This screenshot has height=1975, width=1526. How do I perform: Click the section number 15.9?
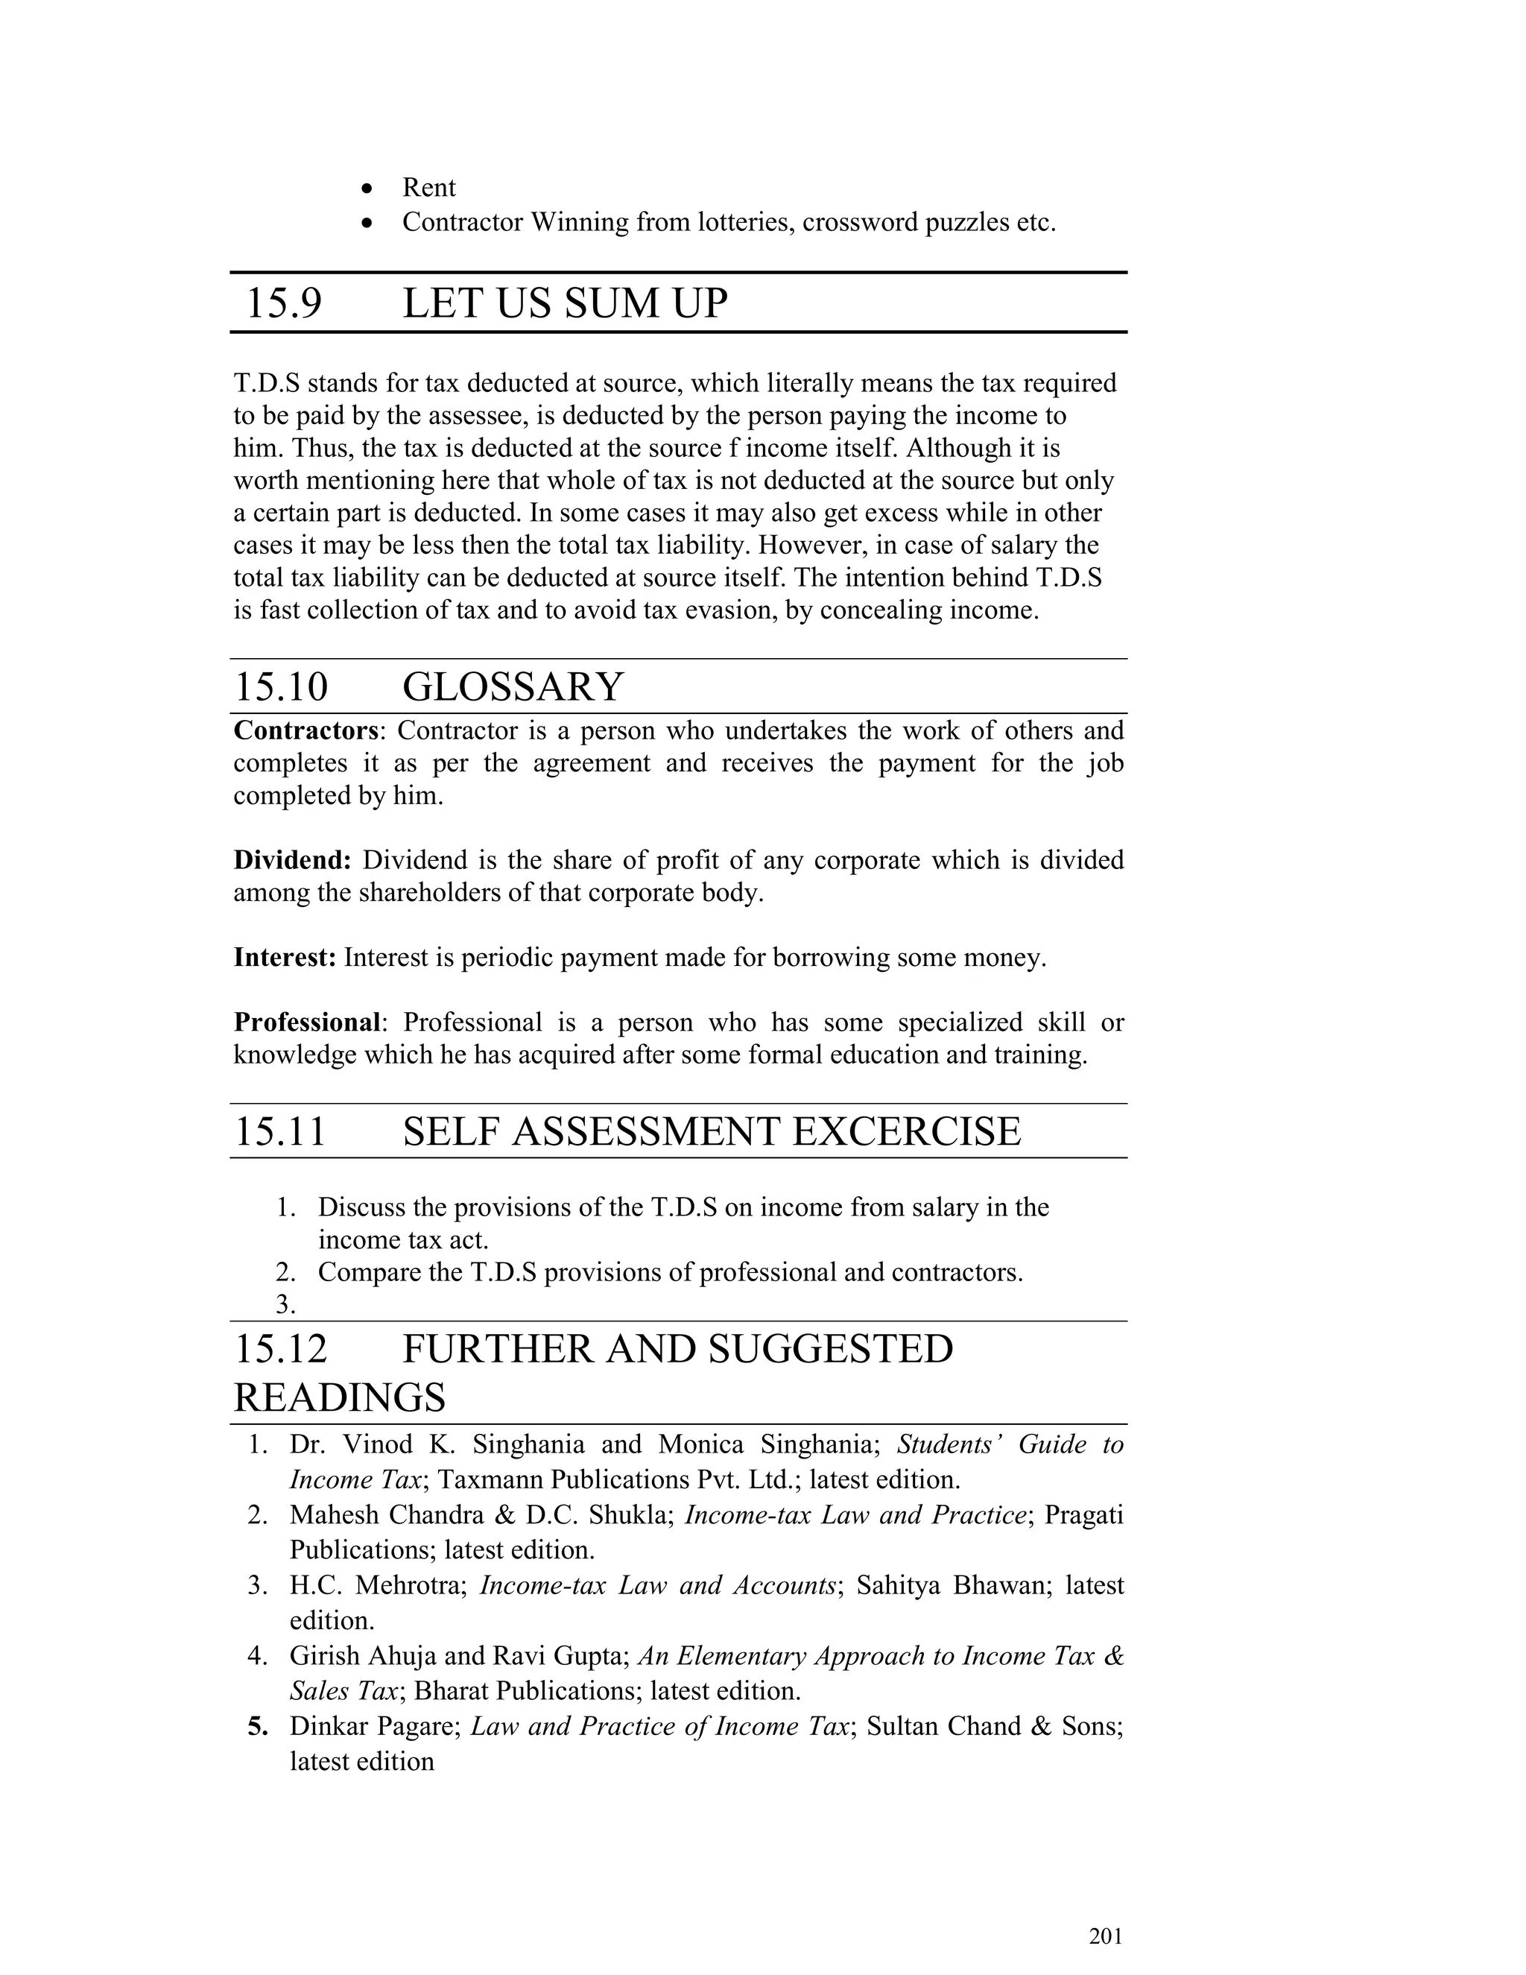click(283, 303)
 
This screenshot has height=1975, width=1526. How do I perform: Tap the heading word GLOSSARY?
click(513, 686)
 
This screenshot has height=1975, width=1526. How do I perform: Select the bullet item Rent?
click(428, 187)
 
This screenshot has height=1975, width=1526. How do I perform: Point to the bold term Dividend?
click(292, 860)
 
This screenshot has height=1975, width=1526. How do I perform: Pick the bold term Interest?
click(285, 958)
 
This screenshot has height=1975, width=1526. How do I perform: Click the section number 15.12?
click(280, 1348)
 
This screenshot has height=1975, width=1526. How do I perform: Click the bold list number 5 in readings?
click(259, 1726)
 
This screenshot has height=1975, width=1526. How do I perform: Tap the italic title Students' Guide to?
click(1009, 1444)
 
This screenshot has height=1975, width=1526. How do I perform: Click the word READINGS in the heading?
click(339, 1397)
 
